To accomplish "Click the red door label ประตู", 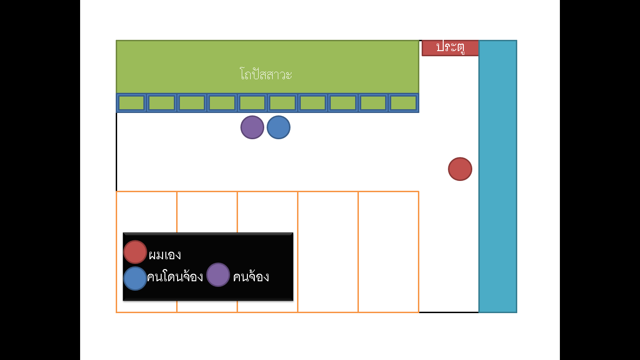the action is pos(450,48).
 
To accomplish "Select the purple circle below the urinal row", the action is pos(252,127).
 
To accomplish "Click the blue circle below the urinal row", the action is pos(279,127).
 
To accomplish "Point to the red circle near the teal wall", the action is pos(460,169).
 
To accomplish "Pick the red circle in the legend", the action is pos(135,252).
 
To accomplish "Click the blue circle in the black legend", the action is pos(135,278).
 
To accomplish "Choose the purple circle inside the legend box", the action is pos(218,275).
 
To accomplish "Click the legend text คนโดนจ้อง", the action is pos(175,277).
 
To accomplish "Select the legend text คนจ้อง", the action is pos(251,277).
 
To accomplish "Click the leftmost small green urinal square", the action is pos(132,103).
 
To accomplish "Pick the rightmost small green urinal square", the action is pos(403,103).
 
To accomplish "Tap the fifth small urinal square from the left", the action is pos(252,103).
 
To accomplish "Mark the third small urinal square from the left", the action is pos(192,103).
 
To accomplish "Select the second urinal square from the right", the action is pos(373,103).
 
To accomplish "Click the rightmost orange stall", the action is pos(388,252).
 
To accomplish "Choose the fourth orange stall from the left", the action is pos(328,252).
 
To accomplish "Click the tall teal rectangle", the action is pos(498,176).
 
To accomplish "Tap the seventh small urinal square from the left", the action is pos(313,103).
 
